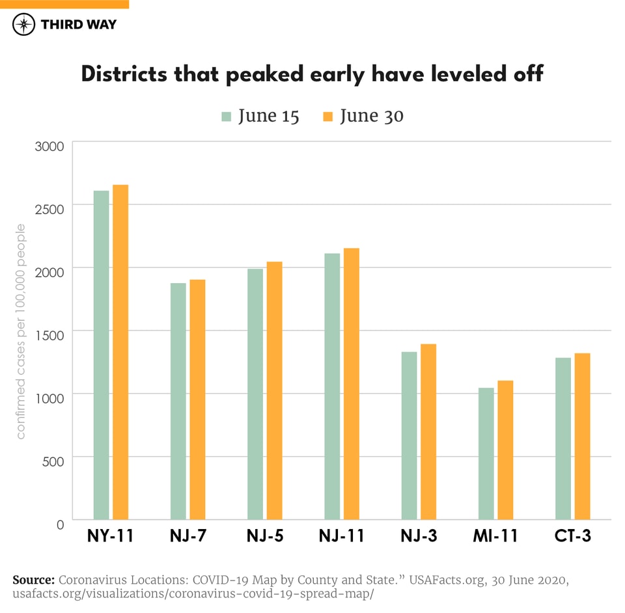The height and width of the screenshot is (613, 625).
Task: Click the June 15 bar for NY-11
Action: click(101, 355)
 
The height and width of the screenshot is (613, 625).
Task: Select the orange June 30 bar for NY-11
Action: click(120, 352)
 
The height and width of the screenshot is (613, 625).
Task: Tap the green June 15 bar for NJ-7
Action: click(178, 401)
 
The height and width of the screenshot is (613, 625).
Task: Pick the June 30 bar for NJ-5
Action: click(274, 390)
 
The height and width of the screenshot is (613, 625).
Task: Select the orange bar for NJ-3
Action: click(428, 431)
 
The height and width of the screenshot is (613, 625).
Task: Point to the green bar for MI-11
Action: click(486, 454)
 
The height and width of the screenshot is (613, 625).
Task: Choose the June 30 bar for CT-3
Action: click(582, 436)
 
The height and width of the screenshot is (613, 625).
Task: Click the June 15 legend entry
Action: click(260, 116)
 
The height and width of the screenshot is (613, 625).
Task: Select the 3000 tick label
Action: click(49, 145)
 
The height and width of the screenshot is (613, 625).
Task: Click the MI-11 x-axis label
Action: click(495, 536)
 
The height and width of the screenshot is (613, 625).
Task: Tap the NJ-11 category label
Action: click(341, 536)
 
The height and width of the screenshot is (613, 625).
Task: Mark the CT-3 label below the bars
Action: click(572, 536)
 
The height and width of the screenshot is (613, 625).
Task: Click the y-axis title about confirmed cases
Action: click(21, 332)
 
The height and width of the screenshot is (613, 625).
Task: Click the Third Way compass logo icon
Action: click(24, 24)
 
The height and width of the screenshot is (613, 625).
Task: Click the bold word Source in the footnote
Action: click(33, 580)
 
